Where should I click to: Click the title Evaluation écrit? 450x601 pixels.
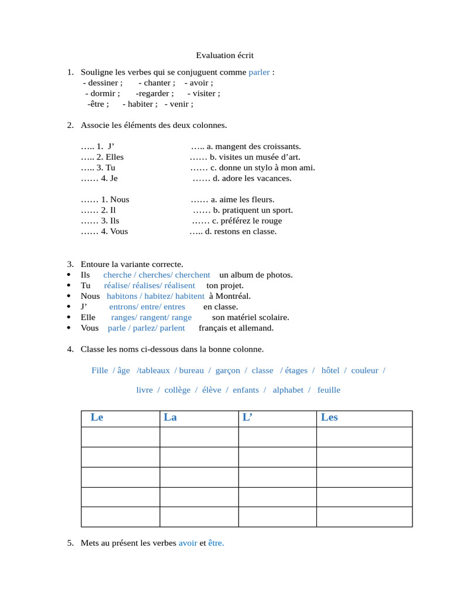[x=224, y=55]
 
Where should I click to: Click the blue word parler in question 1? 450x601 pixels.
[x=259, y=72]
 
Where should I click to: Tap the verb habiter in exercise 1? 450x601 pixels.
[x=141, y=104]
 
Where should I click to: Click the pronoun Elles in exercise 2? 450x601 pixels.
[x=115, y=157]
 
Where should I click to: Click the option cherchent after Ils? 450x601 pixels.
[x=192, y=275]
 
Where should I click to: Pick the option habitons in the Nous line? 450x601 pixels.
[x=122, y=296]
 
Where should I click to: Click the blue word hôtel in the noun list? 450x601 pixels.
[x=330, y=370]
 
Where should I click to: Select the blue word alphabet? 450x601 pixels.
[x=288, y=390]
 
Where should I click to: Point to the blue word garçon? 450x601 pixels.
[x=228, y=370]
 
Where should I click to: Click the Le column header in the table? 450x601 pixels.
[x=97, y=417]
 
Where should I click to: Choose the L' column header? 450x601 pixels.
[x=247, y=417]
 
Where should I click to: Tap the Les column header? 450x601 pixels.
[x=329, y=417]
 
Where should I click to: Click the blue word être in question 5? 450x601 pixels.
[x=216, y=543]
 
